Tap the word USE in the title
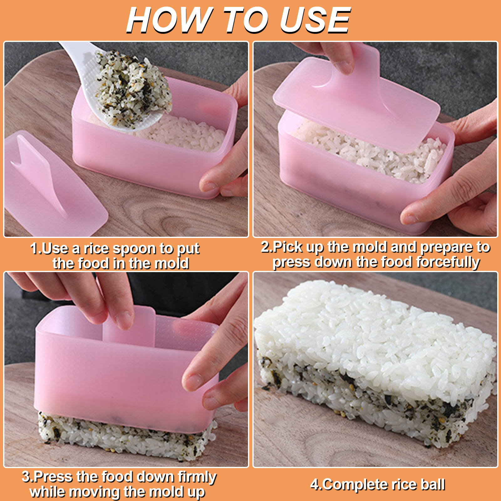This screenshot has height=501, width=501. point(315,20)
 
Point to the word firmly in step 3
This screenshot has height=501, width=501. point(197,477)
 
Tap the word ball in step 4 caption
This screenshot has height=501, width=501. point(433,484)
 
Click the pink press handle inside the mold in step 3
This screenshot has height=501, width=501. point(129,326)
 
